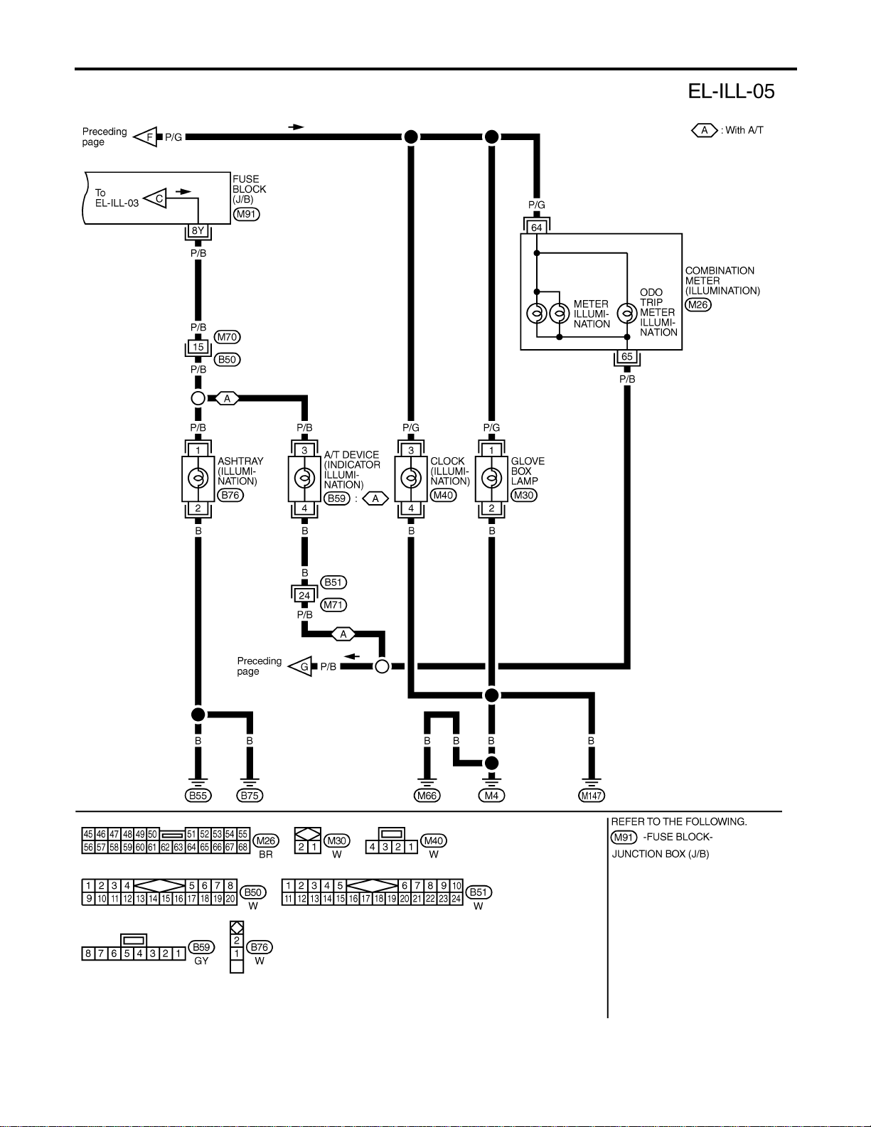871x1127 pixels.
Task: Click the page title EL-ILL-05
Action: coord(731,91)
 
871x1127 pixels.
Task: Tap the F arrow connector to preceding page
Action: coord(146,137)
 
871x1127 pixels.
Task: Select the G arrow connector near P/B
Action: coord(300,666)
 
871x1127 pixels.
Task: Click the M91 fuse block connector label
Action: coord(246,214)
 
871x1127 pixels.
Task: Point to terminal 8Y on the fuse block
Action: coord(198,231)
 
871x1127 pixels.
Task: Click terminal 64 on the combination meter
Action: coord(537,228)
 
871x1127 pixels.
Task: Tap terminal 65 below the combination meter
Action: coord(627,357)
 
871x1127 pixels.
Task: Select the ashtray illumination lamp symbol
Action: coord(198,479)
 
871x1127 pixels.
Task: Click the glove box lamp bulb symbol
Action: coord(491,479)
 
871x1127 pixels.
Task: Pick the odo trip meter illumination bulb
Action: coord(627,314)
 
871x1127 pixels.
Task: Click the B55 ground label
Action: coord(198,796)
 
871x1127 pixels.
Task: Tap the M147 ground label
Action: coord(592,796)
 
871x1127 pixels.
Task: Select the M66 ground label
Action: coord(427,796)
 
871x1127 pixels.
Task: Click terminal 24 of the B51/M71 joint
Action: coord(304,595)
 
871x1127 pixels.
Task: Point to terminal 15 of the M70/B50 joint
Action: coord(198,347)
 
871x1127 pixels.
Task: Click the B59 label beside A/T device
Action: coord(337,498)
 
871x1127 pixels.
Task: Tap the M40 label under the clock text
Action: coord(443,496)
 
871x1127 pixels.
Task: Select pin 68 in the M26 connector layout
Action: coord(242,847)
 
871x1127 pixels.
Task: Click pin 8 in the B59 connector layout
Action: coord(88,954)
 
